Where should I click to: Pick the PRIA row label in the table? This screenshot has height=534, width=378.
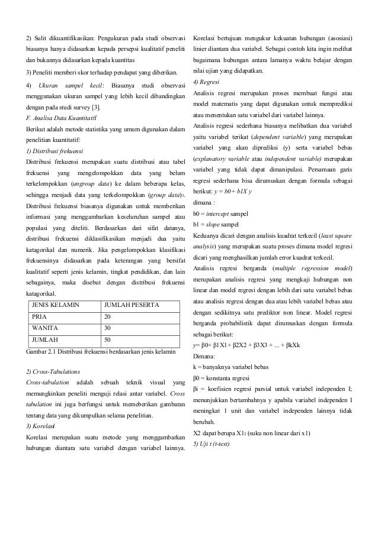[40, 316]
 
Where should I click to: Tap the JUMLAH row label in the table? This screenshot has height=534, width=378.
[44, 340]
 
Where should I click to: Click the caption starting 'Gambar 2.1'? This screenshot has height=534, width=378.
[100, 352]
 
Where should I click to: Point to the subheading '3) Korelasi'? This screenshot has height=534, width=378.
[41, 426]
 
